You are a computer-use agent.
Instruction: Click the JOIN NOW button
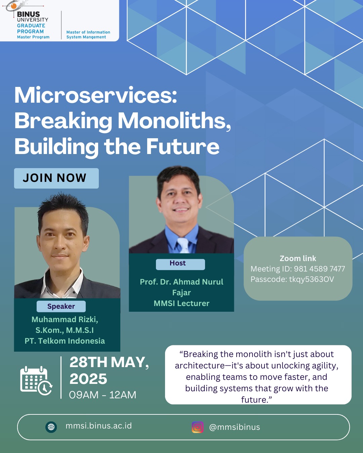56,178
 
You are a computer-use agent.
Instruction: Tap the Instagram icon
197,427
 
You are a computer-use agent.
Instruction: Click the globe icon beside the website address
51,427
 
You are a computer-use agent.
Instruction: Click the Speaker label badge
61,306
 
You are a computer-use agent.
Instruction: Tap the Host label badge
180,264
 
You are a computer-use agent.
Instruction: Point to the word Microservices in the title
95,95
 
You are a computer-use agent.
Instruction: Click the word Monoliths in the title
174,120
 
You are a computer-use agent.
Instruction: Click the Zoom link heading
298,258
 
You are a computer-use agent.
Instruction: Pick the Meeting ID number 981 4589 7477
319,269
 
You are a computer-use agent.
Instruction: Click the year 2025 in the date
88,379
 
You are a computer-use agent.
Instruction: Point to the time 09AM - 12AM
103,395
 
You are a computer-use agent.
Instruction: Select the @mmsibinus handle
235,427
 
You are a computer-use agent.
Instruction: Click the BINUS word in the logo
28,14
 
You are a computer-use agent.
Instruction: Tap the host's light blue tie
183,245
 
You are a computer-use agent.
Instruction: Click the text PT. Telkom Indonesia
65,341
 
